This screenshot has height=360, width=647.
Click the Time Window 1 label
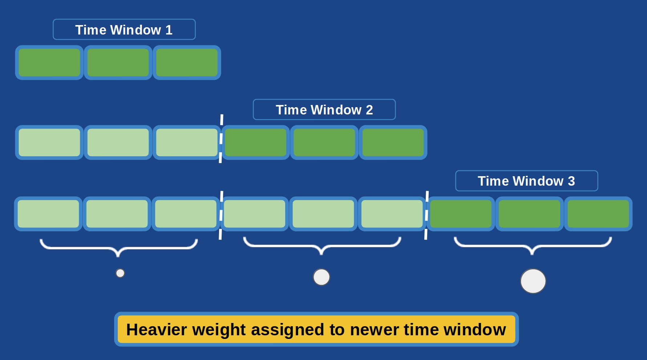(x=124, y=29)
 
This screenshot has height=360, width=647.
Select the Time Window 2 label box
(x=324, y=109)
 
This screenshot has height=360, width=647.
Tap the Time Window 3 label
(x=526, y=181)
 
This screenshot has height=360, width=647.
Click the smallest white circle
(x=120, y=273)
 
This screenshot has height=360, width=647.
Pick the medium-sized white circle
(x=322, y=277)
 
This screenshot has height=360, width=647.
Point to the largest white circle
(x=533, y=281)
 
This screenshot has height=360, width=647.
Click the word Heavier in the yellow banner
(x=157, y=330)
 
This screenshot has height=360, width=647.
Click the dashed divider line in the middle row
(x=221, y=139)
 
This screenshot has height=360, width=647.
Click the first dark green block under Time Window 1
(x=49, y=62)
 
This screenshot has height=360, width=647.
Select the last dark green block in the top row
(x=187, y=62)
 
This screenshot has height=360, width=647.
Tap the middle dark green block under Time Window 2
(x=324, y=142)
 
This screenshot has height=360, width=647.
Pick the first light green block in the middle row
(x=49, y=142)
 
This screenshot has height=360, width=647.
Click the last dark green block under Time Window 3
(x=598, y=214)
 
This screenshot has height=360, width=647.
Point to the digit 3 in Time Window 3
(x=571, y=181)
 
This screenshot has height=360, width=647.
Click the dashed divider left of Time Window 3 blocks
(x=426, y=215)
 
